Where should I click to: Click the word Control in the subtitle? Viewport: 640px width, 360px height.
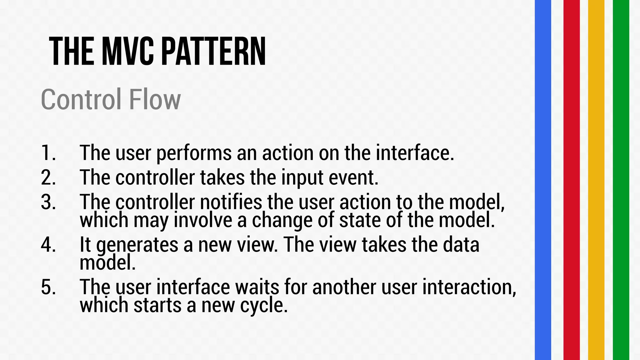(81, 99)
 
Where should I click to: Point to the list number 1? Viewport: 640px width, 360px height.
(48, 153)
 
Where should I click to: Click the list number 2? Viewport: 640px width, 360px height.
(48, 177)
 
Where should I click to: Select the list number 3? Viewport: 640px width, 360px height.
(48, 202)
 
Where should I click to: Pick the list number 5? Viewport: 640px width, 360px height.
(48, 287)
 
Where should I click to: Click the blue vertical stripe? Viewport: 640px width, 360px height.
(543, 180)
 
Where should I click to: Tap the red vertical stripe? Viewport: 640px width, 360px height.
(571, 180)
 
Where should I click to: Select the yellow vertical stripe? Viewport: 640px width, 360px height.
(596, 180)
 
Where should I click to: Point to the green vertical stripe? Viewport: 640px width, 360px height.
(621, 180)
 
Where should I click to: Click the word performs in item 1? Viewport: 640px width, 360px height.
(194, 153)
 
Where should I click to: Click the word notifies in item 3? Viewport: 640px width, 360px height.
(231, 202)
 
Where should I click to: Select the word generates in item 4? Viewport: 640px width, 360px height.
(137, 245)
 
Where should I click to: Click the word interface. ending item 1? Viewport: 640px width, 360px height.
(415, 153)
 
